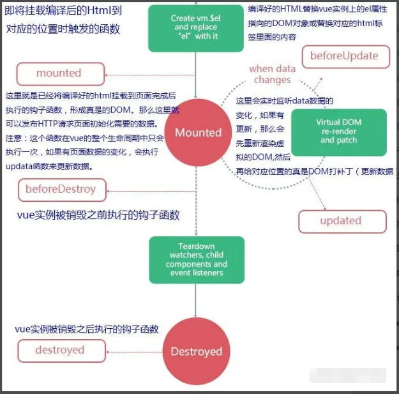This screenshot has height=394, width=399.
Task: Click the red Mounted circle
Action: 198,133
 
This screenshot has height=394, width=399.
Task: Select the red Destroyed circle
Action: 196,351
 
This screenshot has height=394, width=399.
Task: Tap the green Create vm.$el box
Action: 196,27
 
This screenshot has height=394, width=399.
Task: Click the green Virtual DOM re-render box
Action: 338,132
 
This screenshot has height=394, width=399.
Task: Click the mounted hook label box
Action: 59,73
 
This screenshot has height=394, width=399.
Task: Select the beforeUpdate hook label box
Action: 344,56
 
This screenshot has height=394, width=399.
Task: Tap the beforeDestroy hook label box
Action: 61,189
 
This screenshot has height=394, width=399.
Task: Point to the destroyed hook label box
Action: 60,349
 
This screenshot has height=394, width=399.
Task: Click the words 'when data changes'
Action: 272,74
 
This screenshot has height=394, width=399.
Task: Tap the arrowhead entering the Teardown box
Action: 196,232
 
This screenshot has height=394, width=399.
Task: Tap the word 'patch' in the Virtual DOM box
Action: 347,140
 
